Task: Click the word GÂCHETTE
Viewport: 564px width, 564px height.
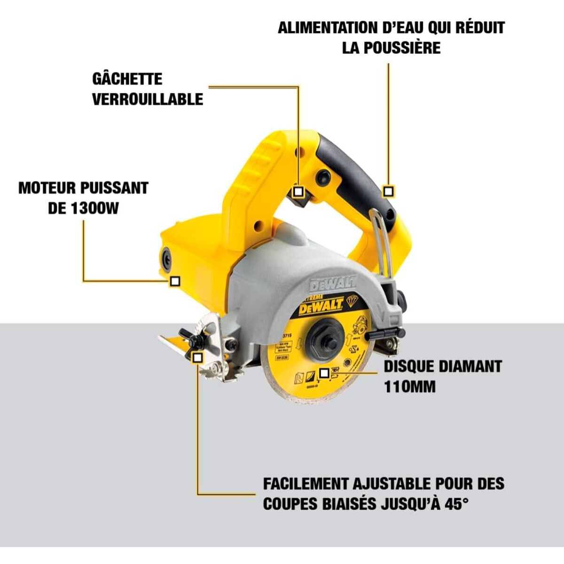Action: pyautogui.click(x=127, y=78)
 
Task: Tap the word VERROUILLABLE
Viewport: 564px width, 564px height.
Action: pyautogui.click(x=148, y=99)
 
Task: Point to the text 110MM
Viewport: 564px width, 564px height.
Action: pyautogui.click(x=409, y=387)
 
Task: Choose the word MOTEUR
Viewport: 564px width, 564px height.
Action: pyautogui.click(x=47, y=188)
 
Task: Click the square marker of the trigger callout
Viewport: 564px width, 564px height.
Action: pyautogui.click(x=298, y=191)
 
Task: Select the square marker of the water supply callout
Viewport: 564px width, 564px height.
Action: pyautogui.click(x=388, y=191)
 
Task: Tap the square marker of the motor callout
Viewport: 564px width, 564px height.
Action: pyautogui.click(x=175, y=281)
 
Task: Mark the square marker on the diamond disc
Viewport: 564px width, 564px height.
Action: pyautogui.click(x=324, y=373)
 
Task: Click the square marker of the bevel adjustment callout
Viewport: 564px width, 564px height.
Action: pyautogui.click(x=198, y=357)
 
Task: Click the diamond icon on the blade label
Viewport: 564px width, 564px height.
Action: pyautogui.click(x=352, y=300)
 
